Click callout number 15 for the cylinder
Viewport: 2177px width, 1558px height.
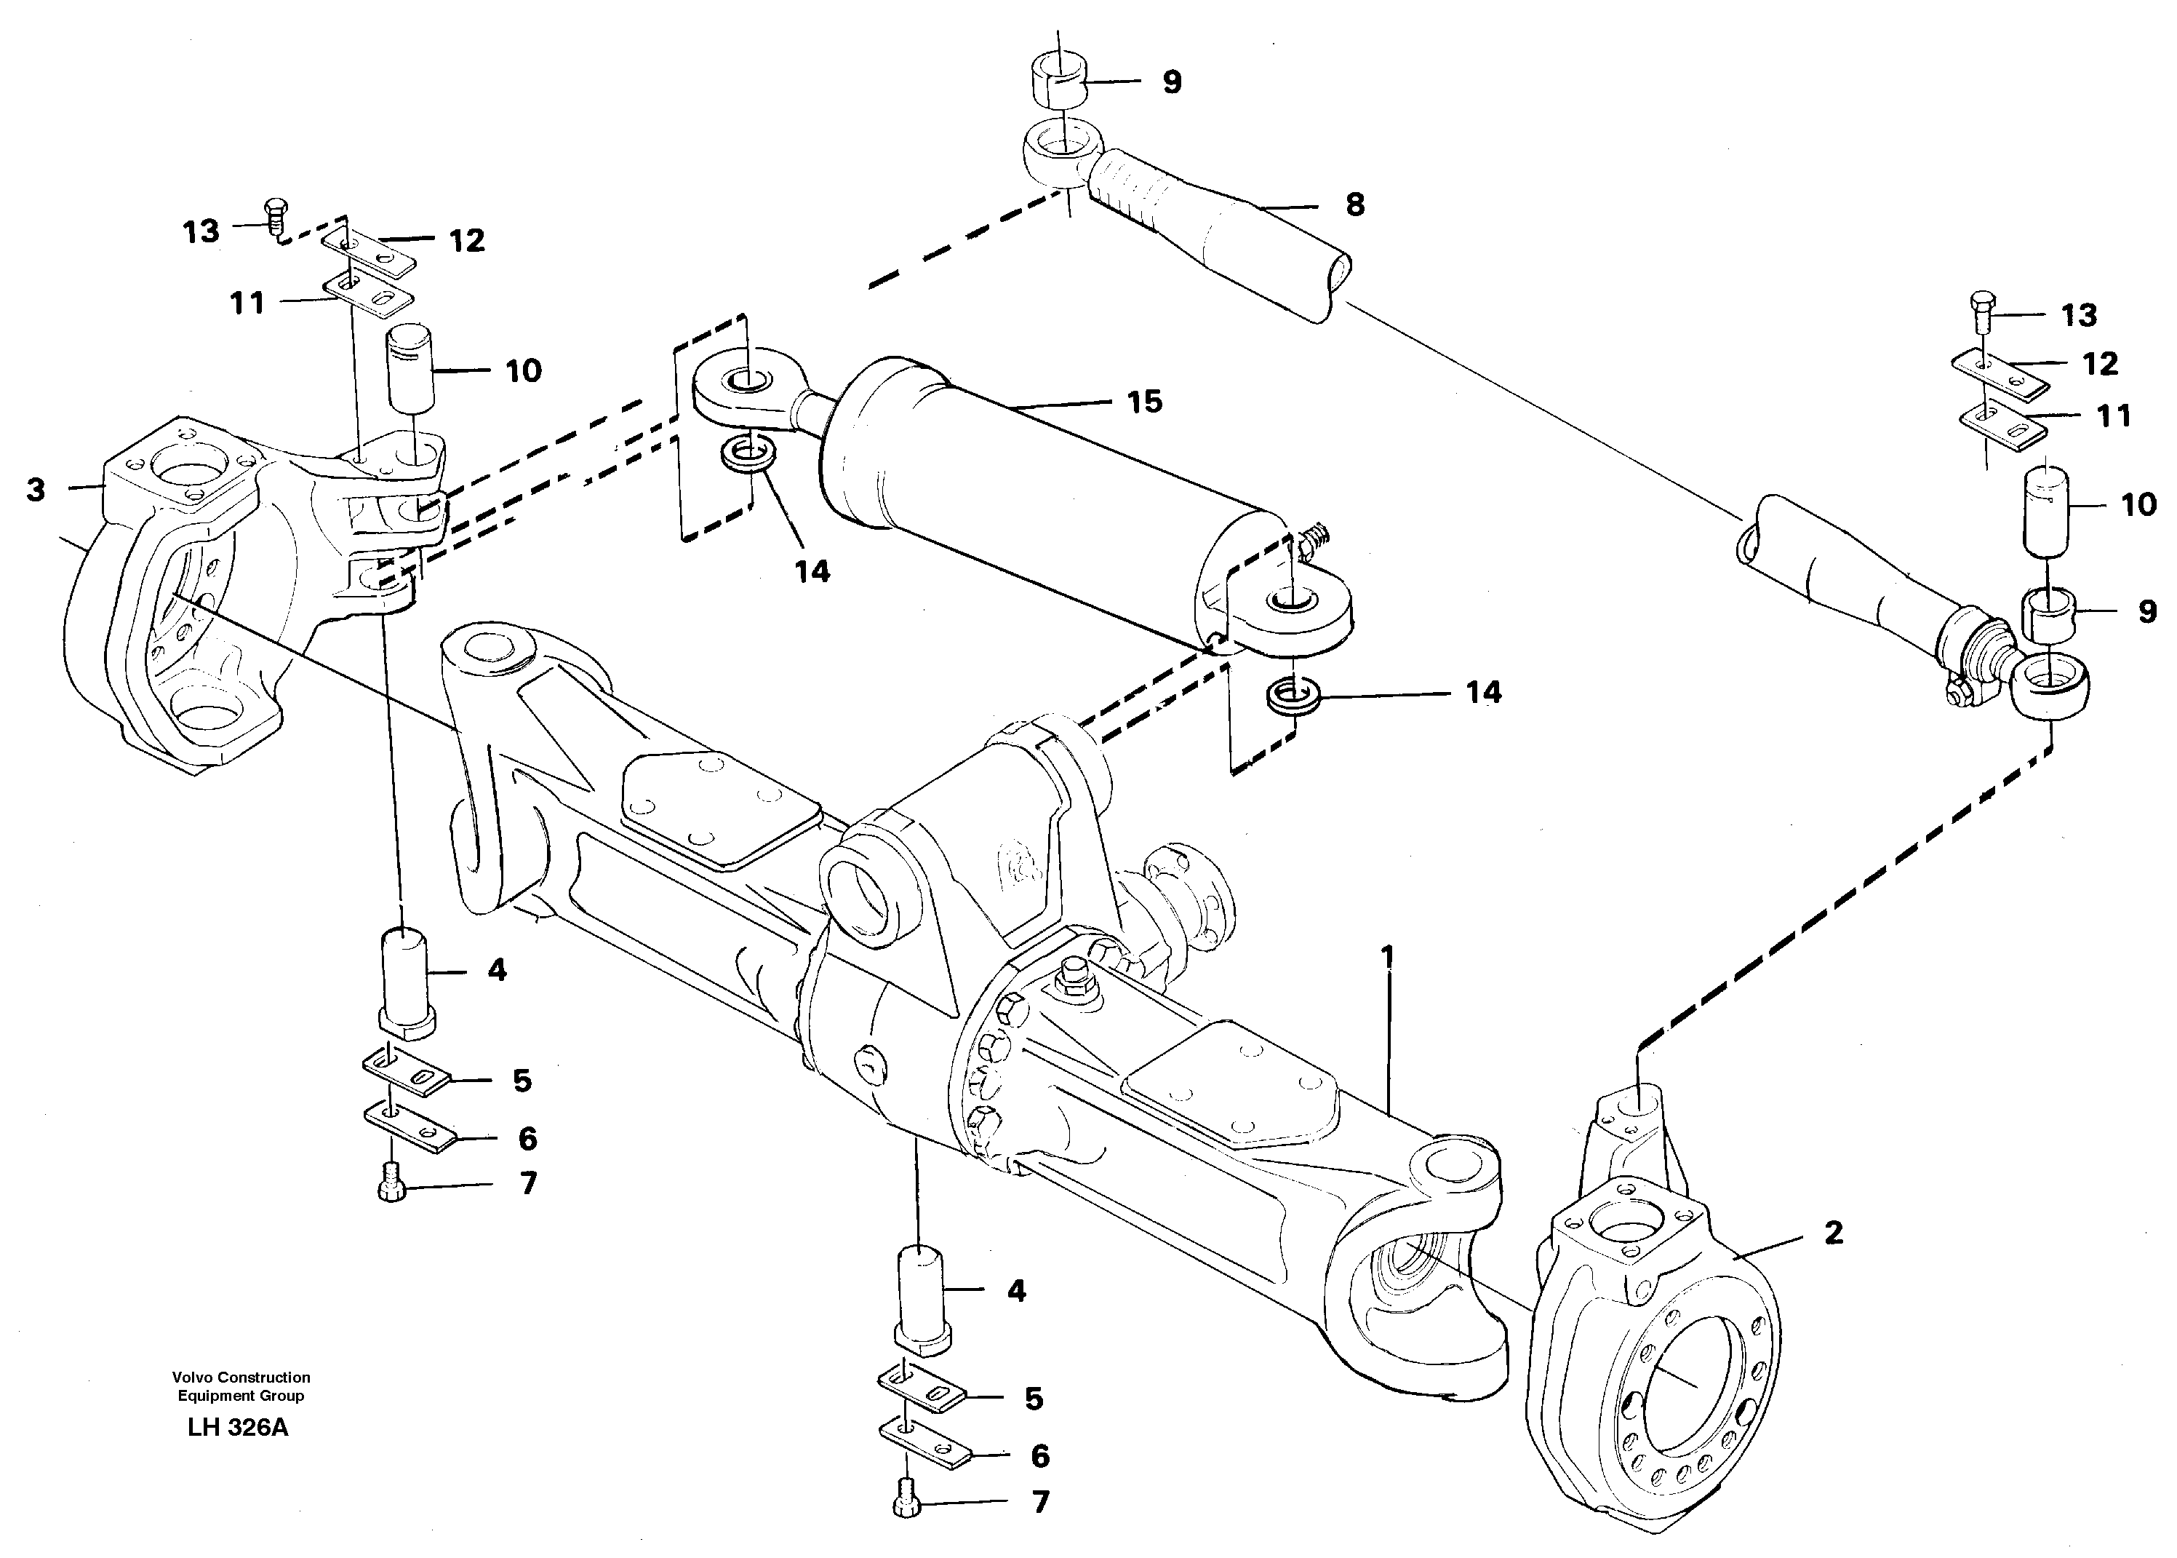[1144, 401]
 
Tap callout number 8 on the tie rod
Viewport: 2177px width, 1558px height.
[1354, 204]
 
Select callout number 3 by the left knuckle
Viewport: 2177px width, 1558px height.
[36, 490]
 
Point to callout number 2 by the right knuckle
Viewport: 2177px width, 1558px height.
[1833, 1233]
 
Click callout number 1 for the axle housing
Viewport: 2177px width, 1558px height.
[1387, 956]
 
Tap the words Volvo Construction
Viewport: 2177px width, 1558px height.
[241, 1378]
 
